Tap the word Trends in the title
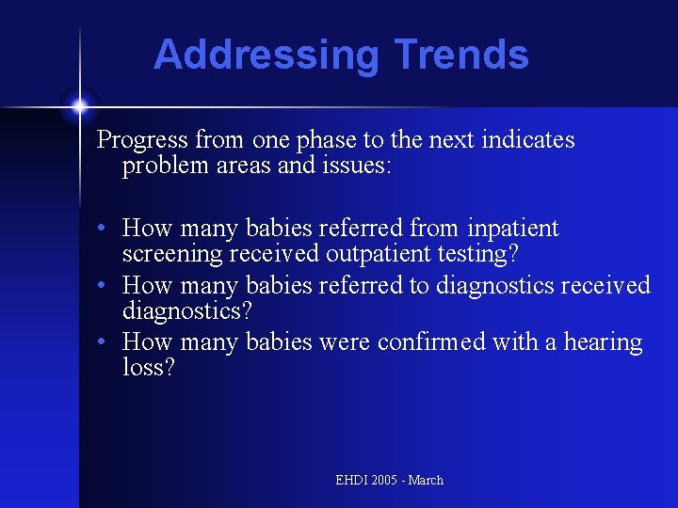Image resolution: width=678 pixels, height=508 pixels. (x=461, y=55)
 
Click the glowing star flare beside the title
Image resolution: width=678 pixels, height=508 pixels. (x=80, y=104)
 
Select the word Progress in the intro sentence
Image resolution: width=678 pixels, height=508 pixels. (x=142, y=140)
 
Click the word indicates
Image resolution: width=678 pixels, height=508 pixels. (x=528, y=140)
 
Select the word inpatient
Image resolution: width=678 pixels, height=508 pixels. (x=513, y=229)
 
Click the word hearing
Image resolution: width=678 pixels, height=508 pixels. (x=604, y=342)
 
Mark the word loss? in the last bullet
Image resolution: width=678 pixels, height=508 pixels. (x=149, y=367)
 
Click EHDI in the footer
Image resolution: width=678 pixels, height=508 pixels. (x=352, y=480)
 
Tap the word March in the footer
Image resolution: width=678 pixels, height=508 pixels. (x=426, y=480)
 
